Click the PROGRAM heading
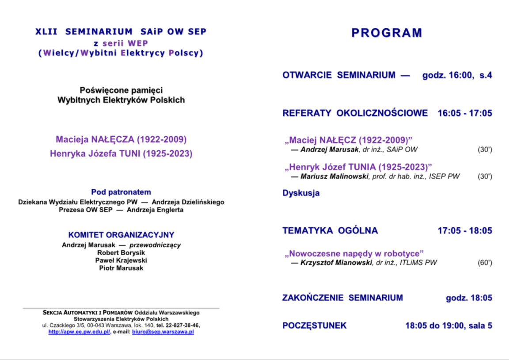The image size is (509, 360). [x=387, y=33]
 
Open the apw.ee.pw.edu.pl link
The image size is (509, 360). [x=79, y=332]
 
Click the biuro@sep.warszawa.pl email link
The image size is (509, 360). [x=163, y=332]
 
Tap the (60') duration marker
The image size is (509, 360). [x=485, y=263]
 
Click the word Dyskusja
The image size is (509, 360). [x=301, y=193]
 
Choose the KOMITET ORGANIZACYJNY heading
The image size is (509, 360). [x=121, y=235]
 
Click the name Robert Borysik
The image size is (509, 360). [x=121, y=253]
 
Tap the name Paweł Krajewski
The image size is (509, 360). [x=121, y=260]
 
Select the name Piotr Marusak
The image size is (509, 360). [x=121, y=268]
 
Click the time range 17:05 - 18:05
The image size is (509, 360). [x=465, y=231]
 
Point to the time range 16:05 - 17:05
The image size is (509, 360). [x=465, y=113]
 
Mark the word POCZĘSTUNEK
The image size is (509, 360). [x=315, y=326]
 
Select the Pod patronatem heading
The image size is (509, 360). [x=121, y=192]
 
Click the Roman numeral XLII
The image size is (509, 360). [x=46, y=32]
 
